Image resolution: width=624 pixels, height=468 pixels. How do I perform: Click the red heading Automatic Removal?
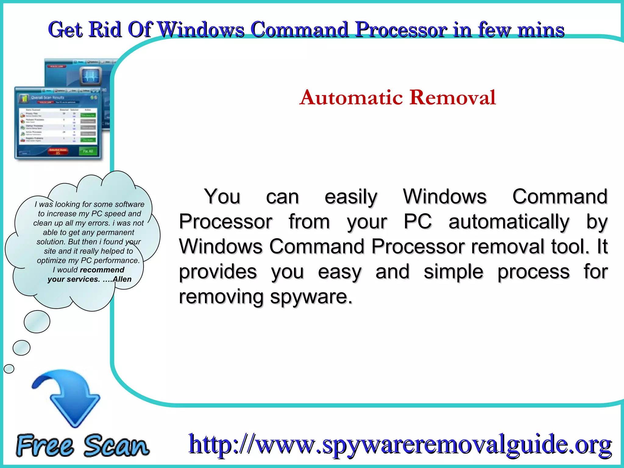coord(398,97)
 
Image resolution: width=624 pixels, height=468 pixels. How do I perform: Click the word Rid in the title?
coord(105,30)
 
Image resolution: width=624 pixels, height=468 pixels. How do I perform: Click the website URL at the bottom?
coord(400,444)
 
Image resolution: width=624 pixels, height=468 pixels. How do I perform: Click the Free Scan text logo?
coord(82,445)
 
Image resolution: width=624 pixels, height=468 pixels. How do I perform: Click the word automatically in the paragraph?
coord(509,222)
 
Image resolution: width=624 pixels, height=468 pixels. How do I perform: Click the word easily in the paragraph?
coord(351,197)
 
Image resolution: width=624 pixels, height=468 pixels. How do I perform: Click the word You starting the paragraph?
coord(222,197)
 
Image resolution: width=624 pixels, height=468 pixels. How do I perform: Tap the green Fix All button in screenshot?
coord(88,151)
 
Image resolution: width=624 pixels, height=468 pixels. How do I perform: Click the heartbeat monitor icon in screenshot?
coord(90,76)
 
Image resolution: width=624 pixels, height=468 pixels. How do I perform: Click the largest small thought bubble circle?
coord(37,321)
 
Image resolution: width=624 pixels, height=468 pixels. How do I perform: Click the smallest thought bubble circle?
coord(9,369)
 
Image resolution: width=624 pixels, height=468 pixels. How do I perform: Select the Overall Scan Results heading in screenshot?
coord(48,98)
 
